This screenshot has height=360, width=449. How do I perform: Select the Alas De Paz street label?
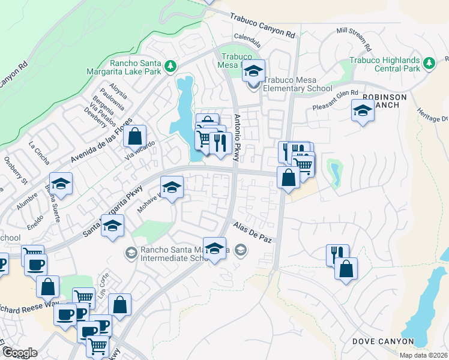coord(253,231)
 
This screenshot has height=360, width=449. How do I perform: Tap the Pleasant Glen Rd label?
coord(335,100)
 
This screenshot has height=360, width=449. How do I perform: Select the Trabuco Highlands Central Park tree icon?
coord(429,63)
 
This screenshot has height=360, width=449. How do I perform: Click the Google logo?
coord(20,353)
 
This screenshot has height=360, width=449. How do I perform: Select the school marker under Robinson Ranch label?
coord(362,110)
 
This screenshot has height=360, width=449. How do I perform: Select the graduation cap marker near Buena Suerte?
coord(61,183)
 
